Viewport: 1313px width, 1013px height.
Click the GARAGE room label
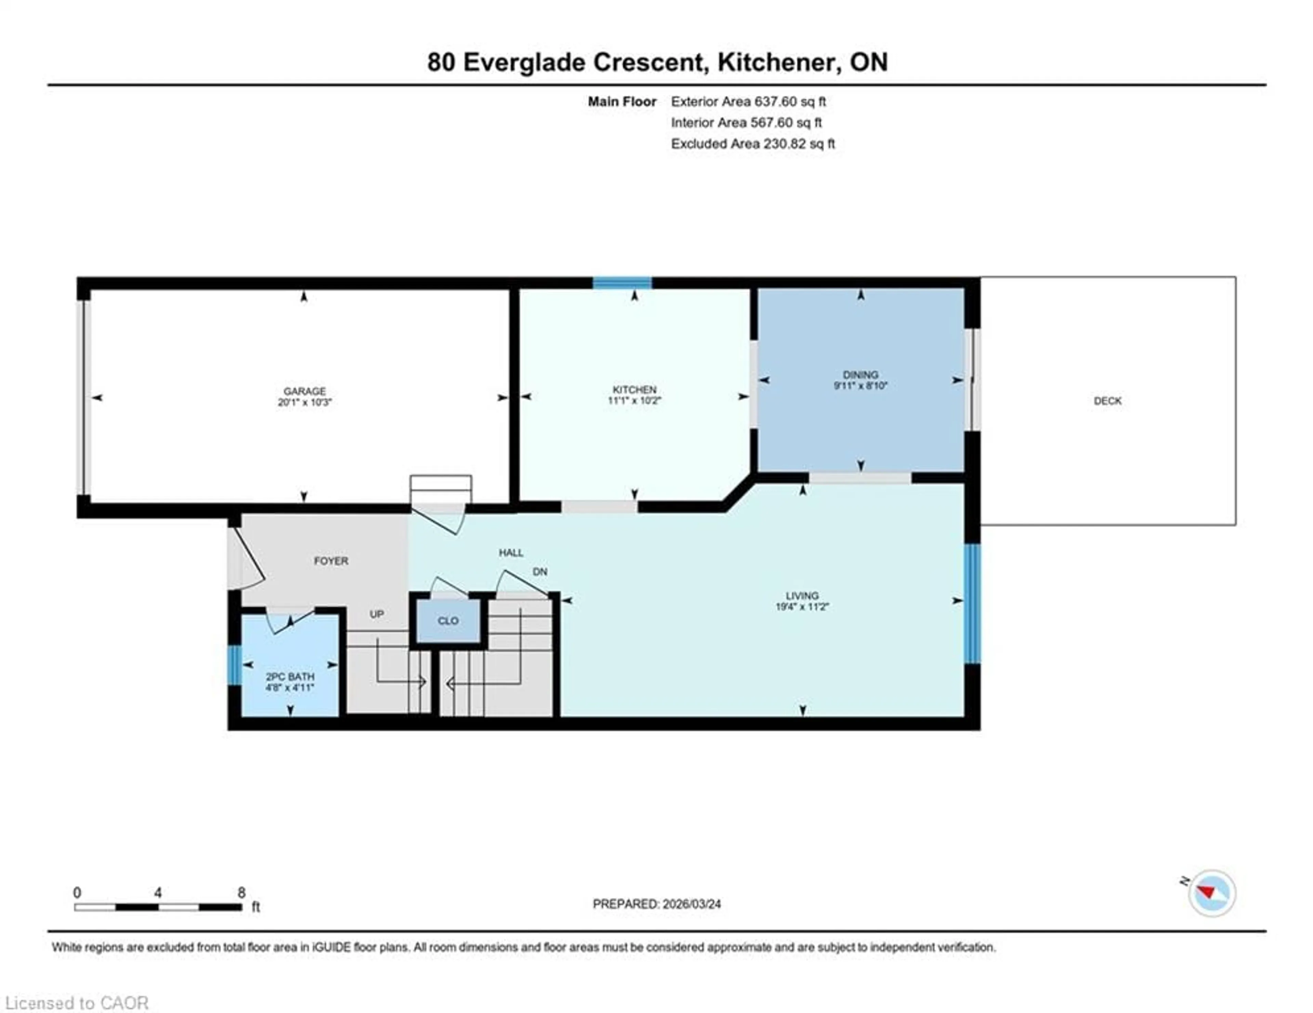(x=304, y=391)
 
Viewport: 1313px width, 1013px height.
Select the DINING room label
(x=860, y=374)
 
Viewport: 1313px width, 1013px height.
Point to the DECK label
(x=1108, y=401)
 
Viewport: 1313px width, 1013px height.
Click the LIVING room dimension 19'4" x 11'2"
(x=802, y=607)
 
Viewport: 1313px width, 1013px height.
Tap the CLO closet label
(x=448, y=621)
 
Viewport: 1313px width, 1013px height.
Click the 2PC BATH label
(x=290, y=677)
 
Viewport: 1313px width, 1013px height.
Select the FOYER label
(x=331, y=560)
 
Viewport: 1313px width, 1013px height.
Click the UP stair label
(x=376, y=614)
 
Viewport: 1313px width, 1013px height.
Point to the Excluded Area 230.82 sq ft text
(x=753, y=144)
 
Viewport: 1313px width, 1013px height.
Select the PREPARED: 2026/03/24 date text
(x=656, y=904)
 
